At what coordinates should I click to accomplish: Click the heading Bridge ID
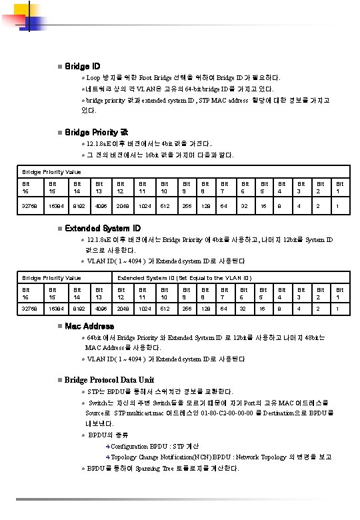[83, 67]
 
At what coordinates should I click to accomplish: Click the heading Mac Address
[89, 326]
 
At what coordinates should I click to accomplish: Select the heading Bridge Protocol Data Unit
[109, 379]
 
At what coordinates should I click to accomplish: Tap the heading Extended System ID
[103, 228]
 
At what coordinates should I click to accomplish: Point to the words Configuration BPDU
[139, 446]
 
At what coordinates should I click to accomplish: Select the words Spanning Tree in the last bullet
[158, 468]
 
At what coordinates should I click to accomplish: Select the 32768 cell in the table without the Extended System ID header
[30, 206]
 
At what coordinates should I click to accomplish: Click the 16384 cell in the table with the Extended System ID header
[55, 309]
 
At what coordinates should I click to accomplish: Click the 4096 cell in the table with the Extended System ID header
[101, 309]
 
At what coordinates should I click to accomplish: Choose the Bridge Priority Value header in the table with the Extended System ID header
[52, 277]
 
